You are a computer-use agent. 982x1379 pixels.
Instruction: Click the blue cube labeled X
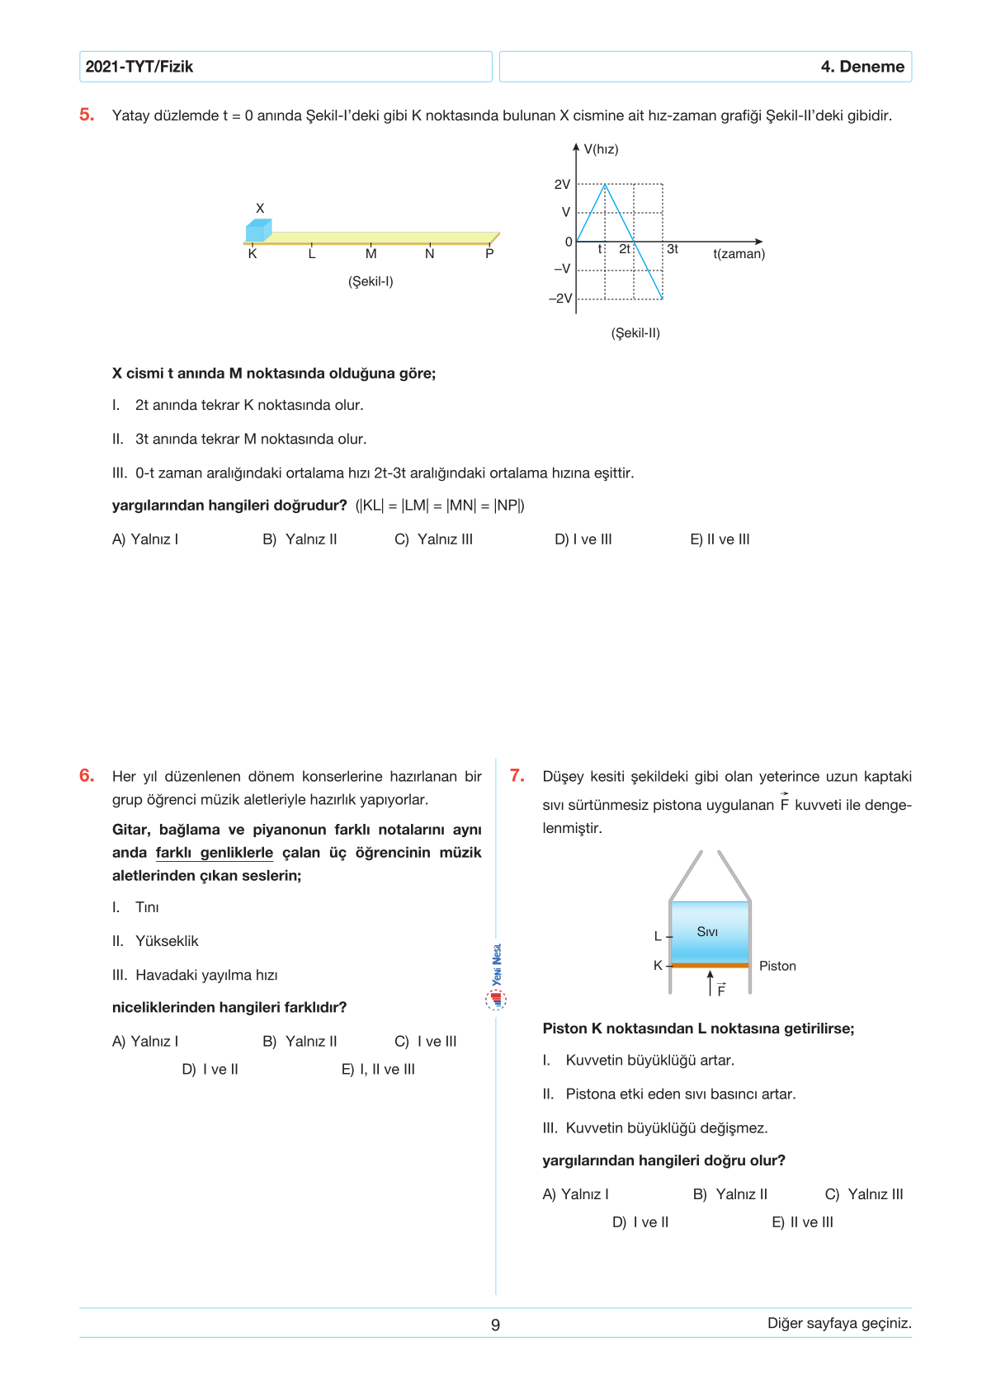[x=258, y=230]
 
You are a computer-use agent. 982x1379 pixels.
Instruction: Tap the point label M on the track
[x=371, y=254]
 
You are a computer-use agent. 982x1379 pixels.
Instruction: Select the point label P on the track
[x=489, y=254]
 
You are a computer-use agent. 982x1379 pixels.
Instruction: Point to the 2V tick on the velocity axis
[x=562, y=185]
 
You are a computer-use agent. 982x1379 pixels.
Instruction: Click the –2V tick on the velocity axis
[x=560, y=299]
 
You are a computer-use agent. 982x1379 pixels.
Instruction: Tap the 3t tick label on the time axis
[x=673, y=249]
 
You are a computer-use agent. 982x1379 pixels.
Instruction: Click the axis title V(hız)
[x=601, y=149]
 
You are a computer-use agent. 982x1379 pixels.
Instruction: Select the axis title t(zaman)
[x=739, y=254]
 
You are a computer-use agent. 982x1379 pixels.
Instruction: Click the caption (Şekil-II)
[x=635, y=333]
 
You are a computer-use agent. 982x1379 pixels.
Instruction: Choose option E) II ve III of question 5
[x=720, y=539]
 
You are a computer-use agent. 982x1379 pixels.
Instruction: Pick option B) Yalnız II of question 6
[x=300, y=1042]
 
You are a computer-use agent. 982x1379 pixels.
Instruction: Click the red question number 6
[x=87, y=775]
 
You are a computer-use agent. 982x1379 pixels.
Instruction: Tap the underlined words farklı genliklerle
[x=215, y=853]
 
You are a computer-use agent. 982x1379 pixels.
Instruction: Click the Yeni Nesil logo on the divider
[x=496, y=977]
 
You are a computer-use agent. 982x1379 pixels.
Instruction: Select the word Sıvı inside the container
[x=707, y=932]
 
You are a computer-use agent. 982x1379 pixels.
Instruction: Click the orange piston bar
[x=710, y=965]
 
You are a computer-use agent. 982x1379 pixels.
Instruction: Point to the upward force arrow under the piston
[x=711, y=982]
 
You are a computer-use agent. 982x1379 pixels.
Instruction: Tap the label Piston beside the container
[x=777, y=966]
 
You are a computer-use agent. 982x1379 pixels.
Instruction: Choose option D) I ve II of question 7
[x=640, y=1222]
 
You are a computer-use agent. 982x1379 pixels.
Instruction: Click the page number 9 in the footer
[x=495, y=1325]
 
